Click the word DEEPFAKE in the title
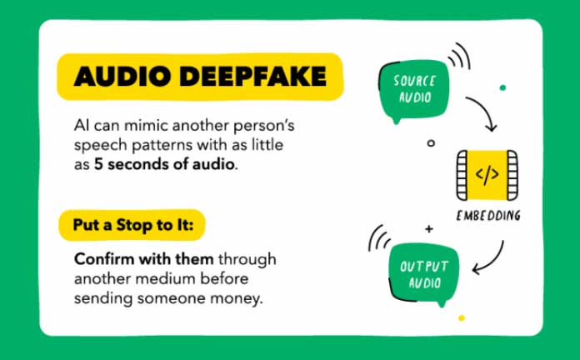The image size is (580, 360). (x=253, y=76)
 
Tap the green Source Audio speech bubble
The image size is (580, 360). (x=413, y=91)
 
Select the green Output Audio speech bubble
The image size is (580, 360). (x=423, y=275)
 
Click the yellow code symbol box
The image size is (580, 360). (x=487, y=175)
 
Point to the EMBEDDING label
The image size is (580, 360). (x=488, y=216)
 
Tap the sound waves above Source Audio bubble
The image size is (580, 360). (x=460, y=56)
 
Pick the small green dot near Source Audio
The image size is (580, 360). (x=502, y=87)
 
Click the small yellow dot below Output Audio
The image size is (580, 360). (x=462, y=317)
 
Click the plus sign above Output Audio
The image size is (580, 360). (x=429, y=229)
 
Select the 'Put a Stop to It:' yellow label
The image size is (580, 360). (x=132, y=225)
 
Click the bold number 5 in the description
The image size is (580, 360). (x=98, y=164)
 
